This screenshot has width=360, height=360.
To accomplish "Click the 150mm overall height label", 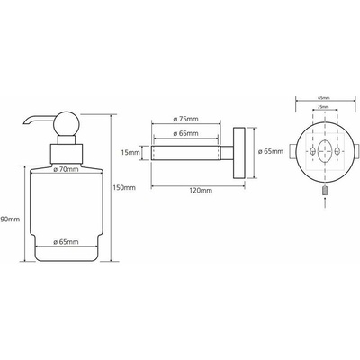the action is [124, 188].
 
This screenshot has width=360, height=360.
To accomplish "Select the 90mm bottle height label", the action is [10, 220].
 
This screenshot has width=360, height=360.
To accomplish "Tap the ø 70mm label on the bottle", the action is [66, 169].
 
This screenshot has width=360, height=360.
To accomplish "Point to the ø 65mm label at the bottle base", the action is [66, 242].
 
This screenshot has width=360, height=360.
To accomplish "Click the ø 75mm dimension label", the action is [185, 119].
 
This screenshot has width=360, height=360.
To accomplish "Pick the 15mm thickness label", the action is [131, 152].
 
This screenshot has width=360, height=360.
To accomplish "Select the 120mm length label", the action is [201, 191].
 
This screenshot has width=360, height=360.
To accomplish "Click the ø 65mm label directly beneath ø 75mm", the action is [185, 133].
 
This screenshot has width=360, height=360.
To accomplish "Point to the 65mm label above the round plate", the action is [324, 98].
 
